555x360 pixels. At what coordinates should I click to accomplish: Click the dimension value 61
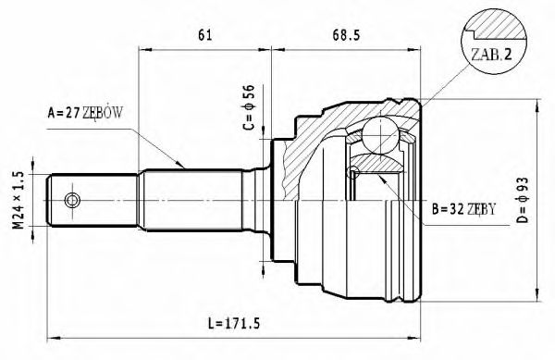point(204,36)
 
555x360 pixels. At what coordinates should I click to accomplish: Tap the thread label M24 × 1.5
point(18,199)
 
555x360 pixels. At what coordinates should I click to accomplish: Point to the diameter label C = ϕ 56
point(249,109)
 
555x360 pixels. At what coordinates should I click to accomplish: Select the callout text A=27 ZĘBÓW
point(85,115)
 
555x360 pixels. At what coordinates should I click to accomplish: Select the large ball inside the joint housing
point(378,133)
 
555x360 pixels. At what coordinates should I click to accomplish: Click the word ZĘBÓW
point(104,115)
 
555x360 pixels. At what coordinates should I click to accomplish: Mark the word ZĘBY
point(477,210)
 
